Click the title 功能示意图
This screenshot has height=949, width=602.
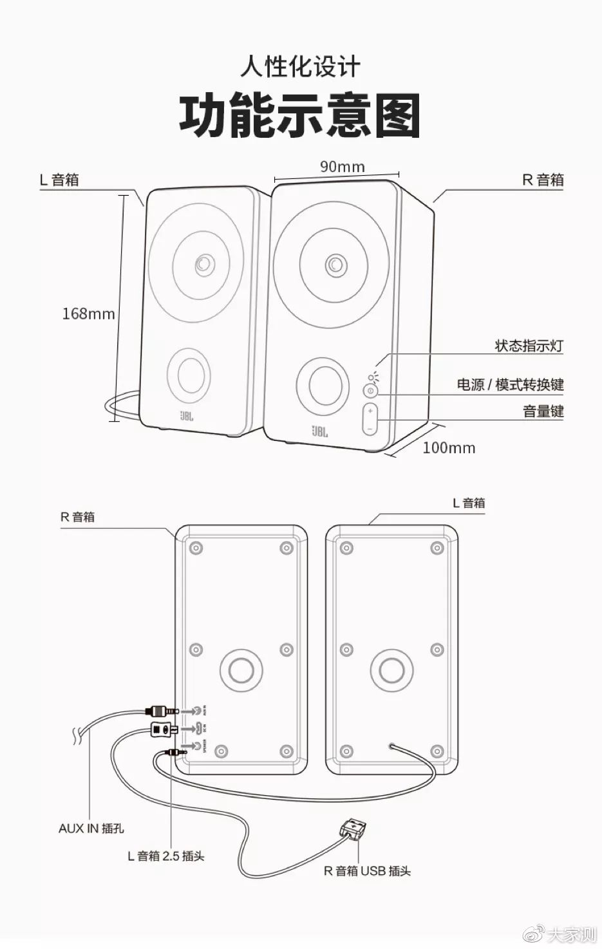(300, 117)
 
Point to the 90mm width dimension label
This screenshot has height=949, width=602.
(342, 167)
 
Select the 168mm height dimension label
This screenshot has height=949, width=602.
(88, 314)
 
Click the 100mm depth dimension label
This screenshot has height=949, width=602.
(449, 448)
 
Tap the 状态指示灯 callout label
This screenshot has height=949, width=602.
(529, 346)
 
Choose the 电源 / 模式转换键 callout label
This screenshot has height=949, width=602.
(510, 385)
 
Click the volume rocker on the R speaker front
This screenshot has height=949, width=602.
(370, 419)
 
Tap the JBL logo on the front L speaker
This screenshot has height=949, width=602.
(187, 416)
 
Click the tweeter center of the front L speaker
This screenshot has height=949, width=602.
(203, 264)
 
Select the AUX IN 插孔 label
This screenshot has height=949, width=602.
(91, 829)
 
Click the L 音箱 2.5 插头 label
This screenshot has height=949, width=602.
(165, 856)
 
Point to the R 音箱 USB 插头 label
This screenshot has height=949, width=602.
(366, 871)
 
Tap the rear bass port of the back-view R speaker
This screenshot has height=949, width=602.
(241, 670)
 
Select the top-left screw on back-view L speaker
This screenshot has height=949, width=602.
(346, 549)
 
